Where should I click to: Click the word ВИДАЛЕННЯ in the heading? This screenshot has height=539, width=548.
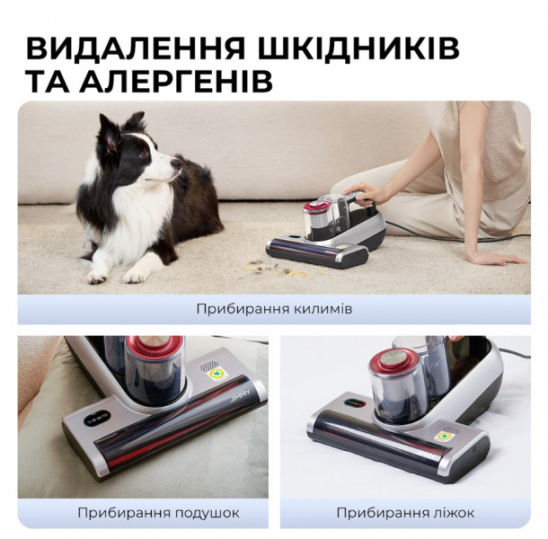coord(136,49)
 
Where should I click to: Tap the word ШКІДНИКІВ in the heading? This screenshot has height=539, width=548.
coord(359,49)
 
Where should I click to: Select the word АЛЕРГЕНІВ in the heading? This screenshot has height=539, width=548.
coord(176,82)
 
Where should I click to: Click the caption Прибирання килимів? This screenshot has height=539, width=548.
coord(274,309)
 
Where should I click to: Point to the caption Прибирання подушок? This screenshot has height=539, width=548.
coord(158,513)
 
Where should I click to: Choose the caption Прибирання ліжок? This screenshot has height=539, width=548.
coord(405,513)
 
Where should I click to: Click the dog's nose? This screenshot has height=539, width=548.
coord(177,163)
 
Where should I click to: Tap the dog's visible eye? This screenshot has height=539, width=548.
coord(143,153)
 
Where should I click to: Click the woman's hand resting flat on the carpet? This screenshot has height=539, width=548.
coord(496,258)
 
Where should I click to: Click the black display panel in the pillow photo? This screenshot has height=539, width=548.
coord(97,418)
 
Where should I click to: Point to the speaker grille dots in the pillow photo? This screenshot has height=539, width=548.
coord(209,365)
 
